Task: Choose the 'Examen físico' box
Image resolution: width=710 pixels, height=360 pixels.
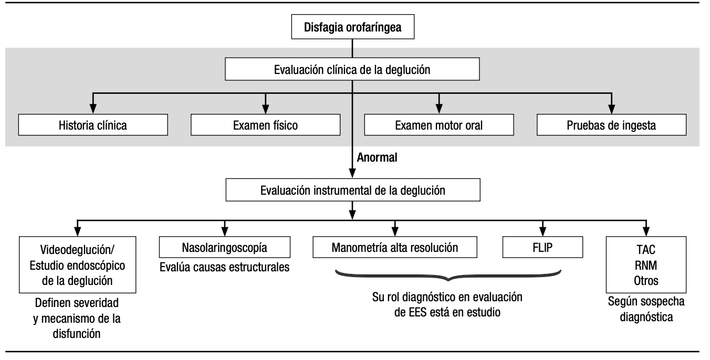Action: point(266,126)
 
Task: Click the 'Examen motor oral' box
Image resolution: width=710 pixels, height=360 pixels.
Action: point(438,126)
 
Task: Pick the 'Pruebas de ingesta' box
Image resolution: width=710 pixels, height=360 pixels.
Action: point(611,126)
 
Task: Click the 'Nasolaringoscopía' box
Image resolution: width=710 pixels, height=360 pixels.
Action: point(225,247)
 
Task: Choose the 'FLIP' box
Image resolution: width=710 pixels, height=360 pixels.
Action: point(544,247)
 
